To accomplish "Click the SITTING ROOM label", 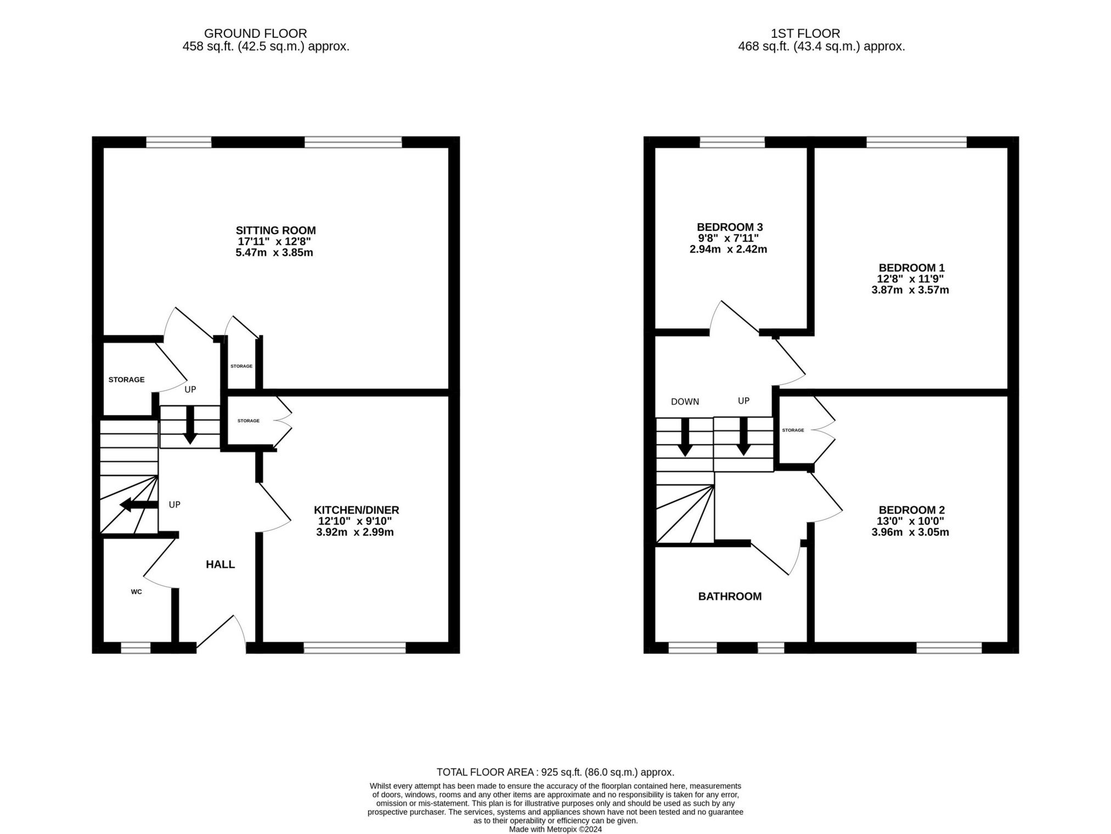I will click(x=275, y=230).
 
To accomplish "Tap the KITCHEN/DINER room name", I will click(x=356, y=510).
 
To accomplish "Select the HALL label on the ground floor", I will click(x=220, y=564).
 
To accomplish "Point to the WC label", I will click(x=136, y=592).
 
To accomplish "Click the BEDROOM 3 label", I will click(x=729, y=227).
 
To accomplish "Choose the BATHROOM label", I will click(x=729, y=597).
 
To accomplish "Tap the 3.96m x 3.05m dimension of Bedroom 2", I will click(x=910, y=532).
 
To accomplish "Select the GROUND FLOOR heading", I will click(x=255, y=33).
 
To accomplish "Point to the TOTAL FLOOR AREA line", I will click(x=555, y=772).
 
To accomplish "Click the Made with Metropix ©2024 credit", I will click(x=555, y=829).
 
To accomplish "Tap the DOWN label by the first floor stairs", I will click(x=685, y=401).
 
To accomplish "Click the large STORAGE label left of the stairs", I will click(x=126, y=379).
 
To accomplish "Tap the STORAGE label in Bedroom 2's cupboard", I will click(x=793, y=430).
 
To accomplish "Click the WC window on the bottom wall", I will click(x=136, y=648).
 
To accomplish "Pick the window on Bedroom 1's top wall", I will click(x=916, y=143).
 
